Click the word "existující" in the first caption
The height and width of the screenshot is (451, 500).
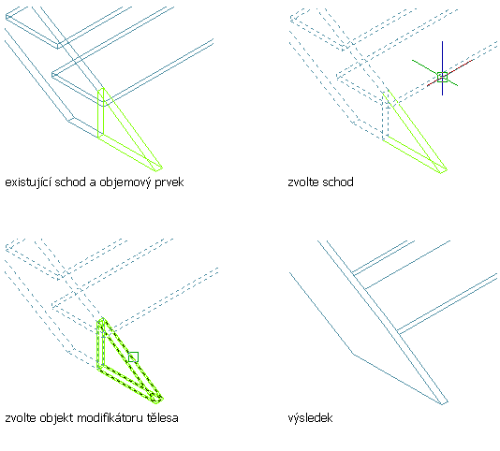point(28,182)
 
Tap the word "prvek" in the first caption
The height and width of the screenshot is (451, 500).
point(169,182)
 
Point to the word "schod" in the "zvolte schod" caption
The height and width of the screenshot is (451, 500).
point(338,182)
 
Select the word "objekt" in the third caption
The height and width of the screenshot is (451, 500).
point(57,418)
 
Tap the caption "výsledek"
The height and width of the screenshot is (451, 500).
point(310,418)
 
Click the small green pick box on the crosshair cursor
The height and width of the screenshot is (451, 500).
point(442,77)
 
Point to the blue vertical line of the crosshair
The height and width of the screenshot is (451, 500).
point(442,68)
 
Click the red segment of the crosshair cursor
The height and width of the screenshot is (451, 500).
point(449,73)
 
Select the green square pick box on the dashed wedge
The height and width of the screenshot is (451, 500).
point(133,356)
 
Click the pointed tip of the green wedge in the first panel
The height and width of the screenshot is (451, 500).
point(162,167)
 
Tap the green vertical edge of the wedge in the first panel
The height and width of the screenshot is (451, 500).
point(98,114)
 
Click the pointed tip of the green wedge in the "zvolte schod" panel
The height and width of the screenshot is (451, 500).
point(447,170)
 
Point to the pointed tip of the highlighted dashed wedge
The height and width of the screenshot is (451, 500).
point(163,399)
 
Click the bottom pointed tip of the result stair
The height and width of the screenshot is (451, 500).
point(443,404)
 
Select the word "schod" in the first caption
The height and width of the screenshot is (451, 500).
point(70,182)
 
